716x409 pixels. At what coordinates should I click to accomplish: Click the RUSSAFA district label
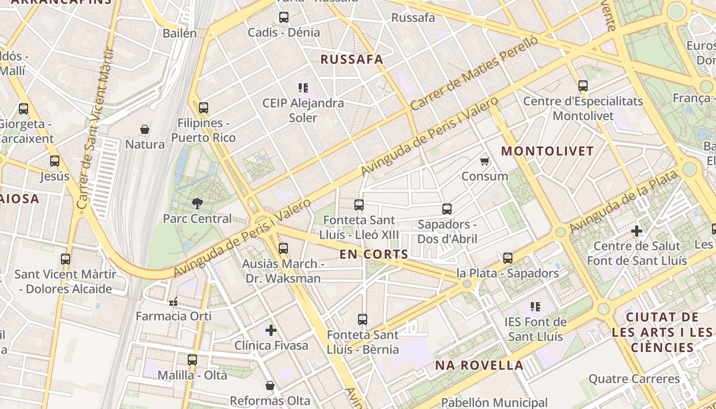(351, 59)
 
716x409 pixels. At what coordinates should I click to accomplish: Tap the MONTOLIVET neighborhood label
(547, 151)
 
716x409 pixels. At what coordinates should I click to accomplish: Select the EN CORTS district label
(374, 254)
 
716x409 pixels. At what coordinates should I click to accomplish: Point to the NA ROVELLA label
(479, 365)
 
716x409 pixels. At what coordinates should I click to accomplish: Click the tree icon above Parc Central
(197, 203)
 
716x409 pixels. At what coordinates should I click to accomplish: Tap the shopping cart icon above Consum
(484, 162)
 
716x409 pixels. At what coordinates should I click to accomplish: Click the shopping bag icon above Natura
(145, 129)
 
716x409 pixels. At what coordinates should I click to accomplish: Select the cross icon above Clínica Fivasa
(271, 330)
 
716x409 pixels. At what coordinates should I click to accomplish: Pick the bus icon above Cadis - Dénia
(284, 17)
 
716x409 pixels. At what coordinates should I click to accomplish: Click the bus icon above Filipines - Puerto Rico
(204, 108)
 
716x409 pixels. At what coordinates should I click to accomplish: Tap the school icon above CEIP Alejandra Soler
(303, 88)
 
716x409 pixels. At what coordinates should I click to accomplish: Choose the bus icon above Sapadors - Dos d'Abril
(447, 209)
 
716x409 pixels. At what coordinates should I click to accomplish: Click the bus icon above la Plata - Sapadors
(507, 258)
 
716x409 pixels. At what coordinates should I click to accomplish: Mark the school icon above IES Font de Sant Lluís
(535, 307)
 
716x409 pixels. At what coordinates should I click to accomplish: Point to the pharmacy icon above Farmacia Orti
(173, 301)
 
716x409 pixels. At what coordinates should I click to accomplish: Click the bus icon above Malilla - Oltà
(192, 360)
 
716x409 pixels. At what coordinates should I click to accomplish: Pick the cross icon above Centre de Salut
(637, 231)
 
